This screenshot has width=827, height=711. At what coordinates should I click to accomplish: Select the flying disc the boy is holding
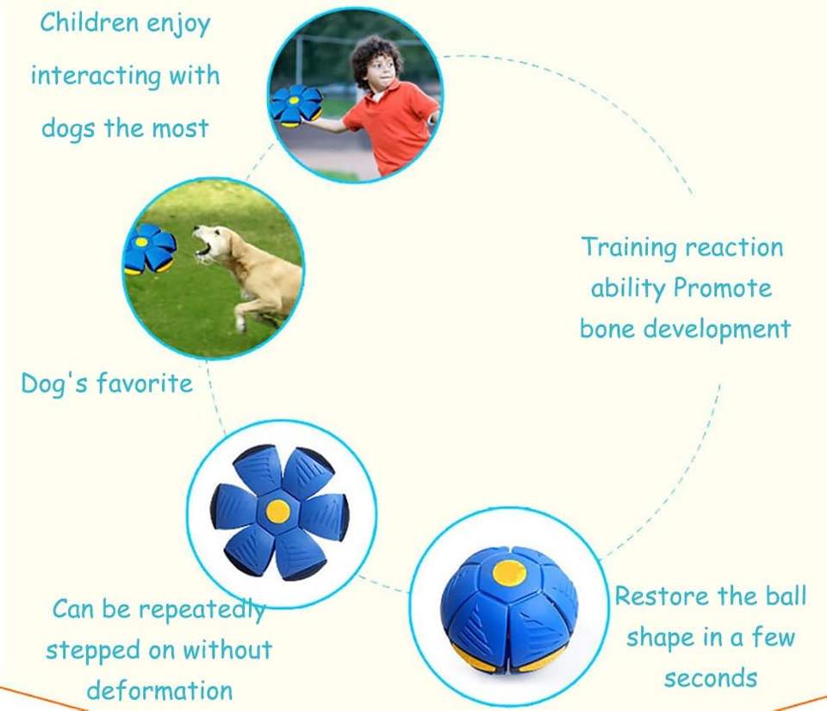coord(295,105)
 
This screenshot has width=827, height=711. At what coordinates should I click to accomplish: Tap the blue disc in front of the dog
coord(149,249)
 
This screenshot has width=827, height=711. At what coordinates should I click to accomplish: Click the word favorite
coord(145,384)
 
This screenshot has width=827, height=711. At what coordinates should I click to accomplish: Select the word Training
coord(628,248)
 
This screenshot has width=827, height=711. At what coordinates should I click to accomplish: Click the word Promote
coord(723,287)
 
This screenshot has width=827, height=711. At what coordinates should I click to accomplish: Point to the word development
coord(718,330)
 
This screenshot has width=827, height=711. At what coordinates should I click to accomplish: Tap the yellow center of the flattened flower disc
coord(278,510)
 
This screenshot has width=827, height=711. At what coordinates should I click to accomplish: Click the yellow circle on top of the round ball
coord(509,573)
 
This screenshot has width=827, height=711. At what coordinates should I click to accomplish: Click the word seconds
coord(711,678)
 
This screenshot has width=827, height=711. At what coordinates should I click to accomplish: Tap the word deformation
coord(159,690)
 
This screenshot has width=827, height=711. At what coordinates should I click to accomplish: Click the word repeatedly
coord(202,610)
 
